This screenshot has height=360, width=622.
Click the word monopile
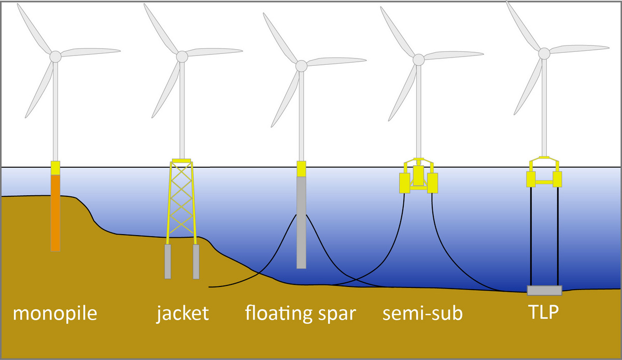pyautogui.click(x=55, y=313)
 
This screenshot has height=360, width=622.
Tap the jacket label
pyautogui.click(x=182, y=313)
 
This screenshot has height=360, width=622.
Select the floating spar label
pyautogui.click(x=300, y=313)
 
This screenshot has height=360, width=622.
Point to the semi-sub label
pyautogui.click(x=422, y=313)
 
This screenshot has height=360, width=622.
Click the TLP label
pyautogui.click(x=544, y=313)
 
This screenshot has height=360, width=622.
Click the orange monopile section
pyautogui.click(x=55, y=212)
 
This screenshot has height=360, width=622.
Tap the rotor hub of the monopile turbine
pyautogui.click(x=55, y=56)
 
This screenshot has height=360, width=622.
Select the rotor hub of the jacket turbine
pyautogui.click(x=181, y=56)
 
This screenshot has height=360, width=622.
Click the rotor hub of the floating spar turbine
pyautogui.click(x=301, y=66)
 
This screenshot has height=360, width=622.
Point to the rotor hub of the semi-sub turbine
pyautogui.click(x=418, y=60)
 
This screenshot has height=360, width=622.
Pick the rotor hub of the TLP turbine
pyautogui.click(x=544, y=53)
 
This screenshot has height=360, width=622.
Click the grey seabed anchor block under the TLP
pyautogui.click(x=544, y=290)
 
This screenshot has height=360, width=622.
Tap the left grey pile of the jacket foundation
pyautogui.click(x=168, y=261)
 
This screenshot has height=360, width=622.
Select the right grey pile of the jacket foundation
pyautogui.click(x=196, y=261)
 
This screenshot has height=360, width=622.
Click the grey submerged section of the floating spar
pyautogui.click(x=301, y=223)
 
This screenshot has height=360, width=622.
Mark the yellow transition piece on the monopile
pyautogui.click(x=55, y=167)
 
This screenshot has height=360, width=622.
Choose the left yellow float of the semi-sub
pyautogui.click(x=404, y=183)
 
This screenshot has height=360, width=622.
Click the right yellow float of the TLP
pyautogui.click(x=558, y=180)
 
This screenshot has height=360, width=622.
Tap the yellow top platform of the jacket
pyautogui.click(x=181, y=160)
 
